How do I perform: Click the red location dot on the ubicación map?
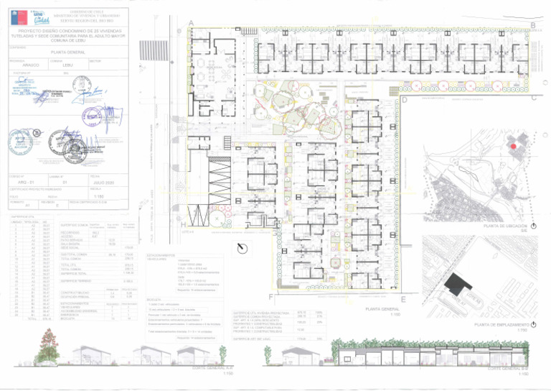point(514,147)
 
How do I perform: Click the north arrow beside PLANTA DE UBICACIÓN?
point(533,226)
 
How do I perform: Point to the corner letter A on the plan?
point(190,24)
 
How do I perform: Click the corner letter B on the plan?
point(534,24)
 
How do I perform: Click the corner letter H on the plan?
point(182,224)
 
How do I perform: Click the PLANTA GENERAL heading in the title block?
point(68,52)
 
